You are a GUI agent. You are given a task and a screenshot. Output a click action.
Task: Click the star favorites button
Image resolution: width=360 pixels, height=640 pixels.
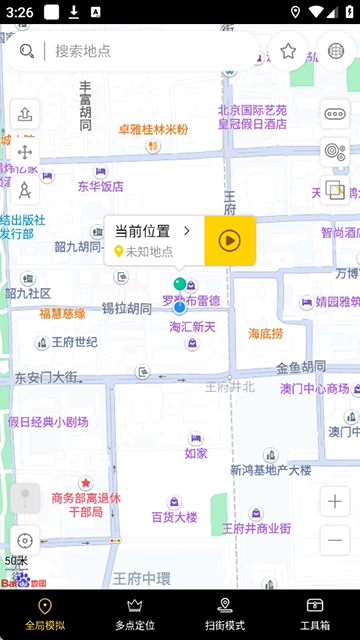coord(288,51)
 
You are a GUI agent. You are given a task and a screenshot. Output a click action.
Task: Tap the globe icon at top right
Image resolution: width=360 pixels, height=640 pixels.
coord(336,51)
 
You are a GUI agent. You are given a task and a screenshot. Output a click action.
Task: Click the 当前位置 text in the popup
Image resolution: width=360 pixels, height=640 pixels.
coord(143,231)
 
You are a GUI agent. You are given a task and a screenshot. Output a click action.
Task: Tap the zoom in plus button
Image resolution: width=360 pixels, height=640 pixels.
coord(334,501)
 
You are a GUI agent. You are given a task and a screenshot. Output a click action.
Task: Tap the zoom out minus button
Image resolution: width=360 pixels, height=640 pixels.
coord(334,541)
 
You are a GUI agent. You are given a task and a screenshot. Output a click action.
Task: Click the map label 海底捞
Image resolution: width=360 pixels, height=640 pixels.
coord(266,333)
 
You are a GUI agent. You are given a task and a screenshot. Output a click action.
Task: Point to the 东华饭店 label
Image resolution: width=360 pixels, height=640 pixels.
coord(101,186)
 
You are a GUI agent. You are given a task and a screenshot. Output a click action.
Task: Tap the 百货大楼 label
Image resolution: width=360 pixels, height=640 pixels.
coord(174,517)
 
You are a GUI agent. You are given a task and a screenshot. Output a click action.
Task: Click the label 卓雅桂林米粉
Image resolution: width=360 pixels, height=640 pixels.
coord(153,129)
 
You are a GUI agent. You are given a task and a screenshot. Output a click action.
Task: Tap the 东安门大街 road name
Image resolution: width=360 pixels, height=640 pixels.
coord(46,378)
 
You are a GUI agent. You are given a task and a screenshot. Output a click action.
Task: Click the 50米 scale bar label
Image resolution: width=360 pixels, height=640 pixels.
coord(16,561)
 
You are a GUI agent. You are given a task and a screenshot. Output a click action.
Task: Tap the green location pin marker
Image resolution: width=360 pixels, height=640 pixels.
coord(180,286)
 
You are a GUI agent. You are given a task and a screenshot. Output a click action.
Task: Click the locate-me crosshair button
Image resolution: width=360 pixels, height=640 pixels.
coord(25,540)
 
